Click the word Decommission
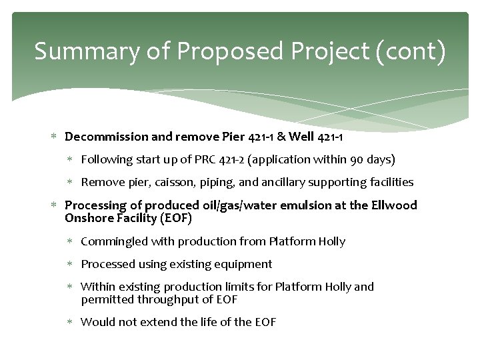(107, 137)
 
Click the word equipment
(242, 264)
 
